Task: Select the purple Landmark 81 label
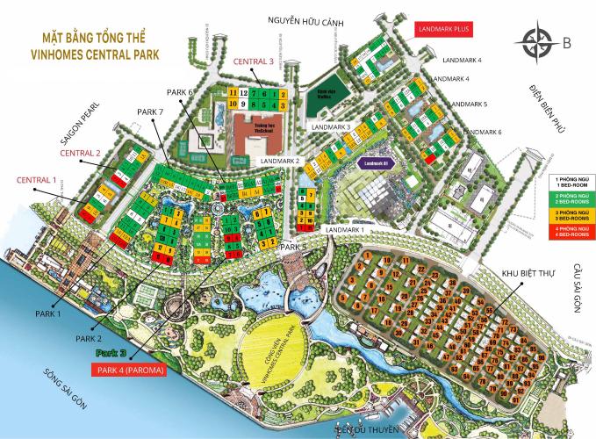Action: (378, 162)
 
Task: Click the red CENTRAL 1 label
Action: (37, 180)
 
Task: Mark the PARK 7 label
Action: (151, 112)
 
